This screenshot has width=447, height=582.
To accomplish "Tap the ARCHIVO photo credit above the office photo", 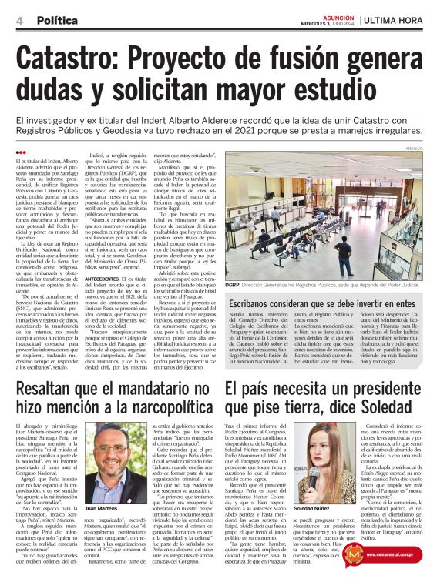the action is click(435, 148).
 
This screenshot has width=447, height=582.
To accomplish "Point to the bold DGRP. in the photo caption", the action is click(236, 285).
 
